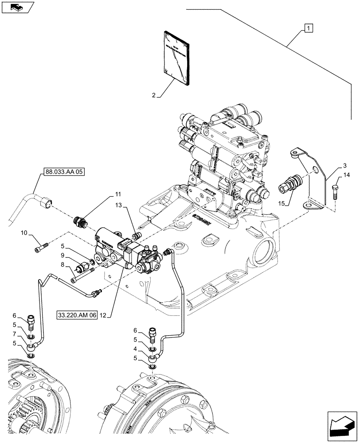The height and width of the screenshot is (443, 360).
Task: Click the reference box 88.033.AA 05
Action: click(x=63, y=172)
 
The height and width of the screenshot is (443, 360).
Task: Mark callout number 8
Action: click(x=63, y=264)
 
